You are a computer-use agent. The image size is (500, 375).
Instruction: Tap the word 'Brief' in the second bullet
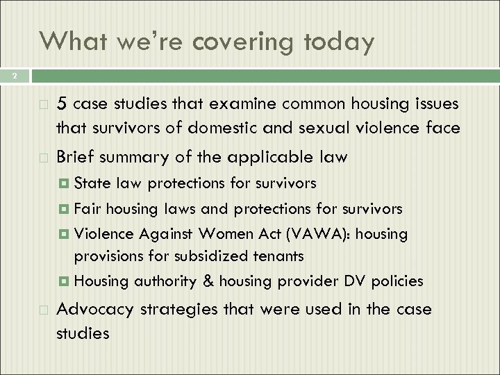[76, 156]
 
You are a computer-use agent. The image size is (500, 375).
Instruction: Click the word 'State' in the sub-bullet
[90, 183]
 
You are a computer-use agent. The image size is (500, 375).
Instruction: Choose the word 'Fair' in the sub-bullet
[87, 208]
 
